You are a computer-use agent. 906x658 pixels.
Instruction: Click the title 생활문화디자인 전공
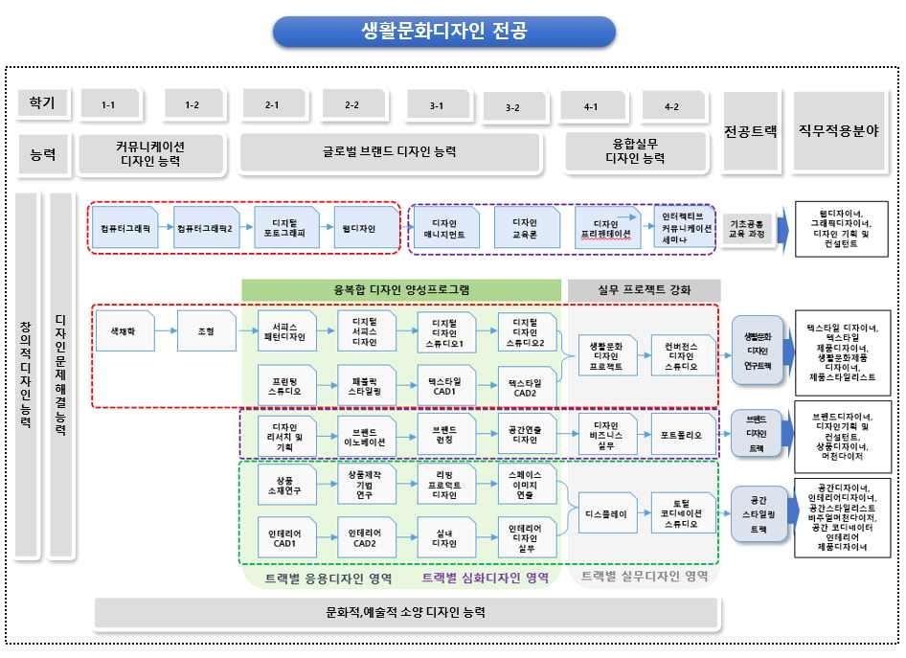[x=443, y=32]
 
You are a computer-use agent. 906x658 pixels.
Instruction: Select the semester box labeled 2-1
[x=273, y=105]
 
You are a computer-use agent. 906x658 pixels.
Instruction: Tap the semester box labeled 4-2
[x=673, y=106]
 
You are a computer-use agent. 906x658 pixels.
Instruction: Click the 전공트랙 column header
[x=750, y=130]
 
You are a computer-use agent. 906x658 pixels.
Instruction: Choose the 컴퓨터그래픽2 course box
[x=205, y=229]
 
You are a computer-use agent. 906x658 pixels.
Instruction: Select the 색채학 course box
[x=126, y=330]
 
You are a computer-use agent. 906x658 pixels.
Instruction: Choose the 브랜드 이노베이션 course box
[x=366, y=435]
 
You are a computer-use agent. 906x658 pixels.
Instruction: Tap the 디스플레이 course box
[x=605, y=513]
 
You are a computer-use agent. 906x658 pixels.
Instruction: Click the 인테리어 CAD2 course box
[x=366, y=537]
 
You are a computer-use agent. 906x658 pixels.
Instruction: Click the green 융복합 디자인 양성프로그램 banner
[x=400, y=288]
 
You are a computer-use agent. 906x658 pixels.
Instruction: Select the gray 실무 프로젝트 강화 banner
[x=644, y=288]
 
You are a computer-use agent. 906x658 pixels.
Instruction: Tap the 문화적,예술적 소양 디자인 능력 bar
[x=405, y=611]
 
